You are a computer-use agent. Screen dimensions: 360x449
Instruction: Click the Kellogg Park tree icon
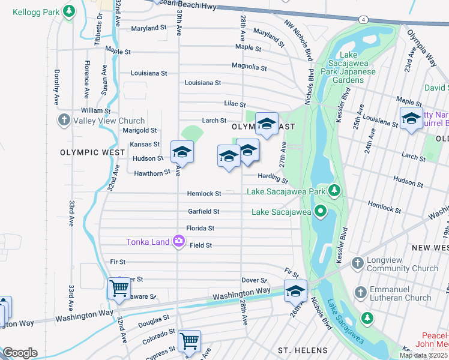pyautogui.click(x=70, y=11)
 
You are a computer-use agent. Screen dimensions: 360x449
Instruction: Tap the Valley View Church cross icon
pyautogui.click(x=64, y=120)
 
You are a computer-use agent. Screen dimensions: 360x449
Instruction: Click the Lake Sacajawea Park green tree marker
pyautogui.click(x=334, y=191)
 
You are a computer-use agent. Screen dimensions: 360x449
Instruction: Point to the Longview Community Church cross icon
pyautogui.click(x=357, y=263)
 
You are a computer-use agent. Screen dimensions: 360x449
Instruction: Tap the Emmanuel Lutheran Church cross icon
pyautogui.click(x=361, y=292)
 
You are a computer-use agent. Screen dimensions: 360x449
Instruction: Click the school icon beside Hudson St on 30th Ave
pyautogui.click(x=182, y=152)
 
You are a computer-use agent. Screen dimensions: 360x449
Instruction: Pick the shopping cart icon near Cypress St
pyautogui.click(x=190, y=340)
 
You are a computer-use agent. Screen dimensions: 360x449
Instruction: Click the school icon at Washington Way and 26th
pyautogui.click(x=295, y=290)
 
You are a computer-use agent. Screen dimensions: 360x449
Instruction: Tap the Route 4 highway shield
pyautogui.click(x=364, y=20)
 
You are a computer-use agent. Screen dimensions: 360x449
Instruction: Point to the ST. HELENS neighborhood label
pyautogui.click(x=303, y=350)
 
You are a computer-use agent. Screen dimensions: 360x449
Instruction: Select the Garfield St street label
pyautogui.click(x=203, y=211)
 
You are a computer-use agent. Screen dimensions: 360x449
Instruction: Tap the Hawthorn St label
pyautogui.click(x=148, y=173)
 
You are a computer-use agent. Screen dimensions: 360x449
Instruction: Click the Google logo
pyautogui.click(x=20, y=353)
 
